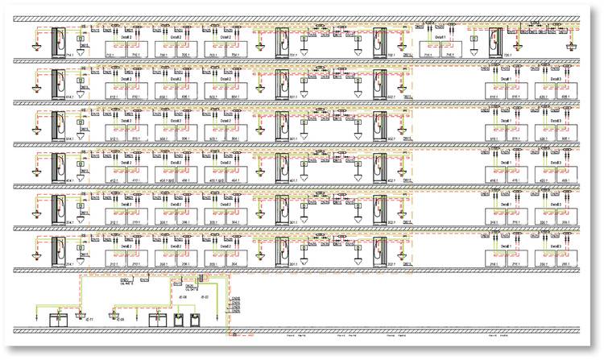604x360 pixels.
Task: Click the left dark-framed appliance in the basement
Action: [x=179, y=317]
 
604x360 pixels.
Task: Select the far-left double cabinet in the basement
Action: [x=59, y=318]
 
